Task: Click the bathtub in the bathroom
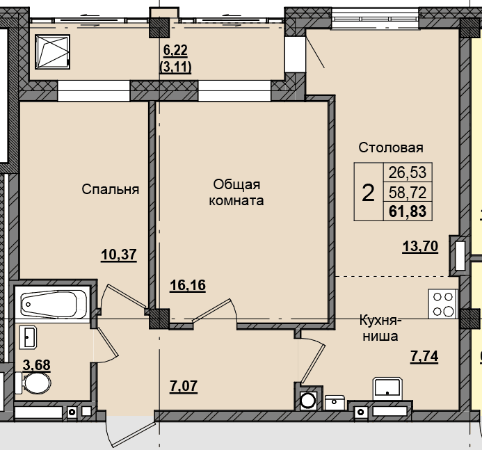click(x=49, y=305)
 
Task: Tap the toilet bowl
click(x=35, y=383)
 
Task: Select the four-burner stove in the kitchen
click(x=443, y=304)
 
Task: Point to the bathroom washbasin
click(x=28, y=337)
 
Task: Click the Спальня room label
click(x=111, y=189)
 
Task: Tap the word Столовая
click(x=391, y=147)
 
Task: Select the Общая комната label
click(x=236, y=193)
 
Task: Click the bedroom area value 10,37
click(x=119, y=255)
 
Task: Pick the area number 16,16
click(x=188, y=285)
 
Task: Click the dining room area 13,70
click(x=420, y=246)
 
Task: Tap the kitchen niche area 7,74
click(x=424, y=357)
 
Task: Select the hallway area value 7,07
click(x=184, y=386)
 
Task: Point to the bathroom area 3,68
click(x=37, y=365)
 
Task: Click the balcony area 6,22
click(x=175, y=50)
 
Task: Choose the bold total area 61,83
click(x=408, y=211)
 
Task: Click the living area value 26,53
click(x=408, y=172)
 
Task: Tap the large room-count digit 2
click(x=368, y=193)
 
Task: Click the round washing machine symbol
click(x=308, y=401)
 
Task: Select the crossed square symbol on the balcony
click(x=53, y=51)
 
